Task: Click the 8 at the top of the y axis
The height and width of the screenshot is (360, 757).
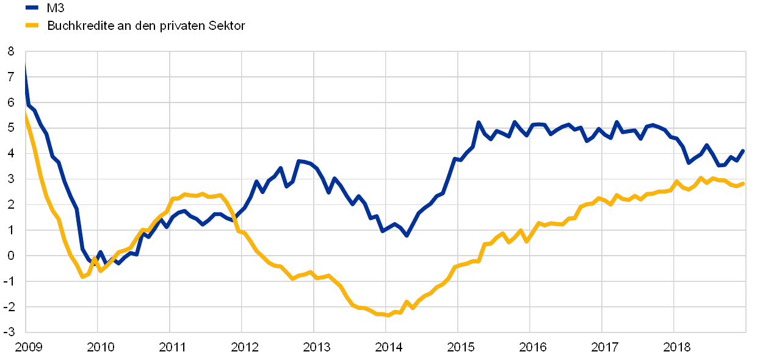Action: (x=11, y=52)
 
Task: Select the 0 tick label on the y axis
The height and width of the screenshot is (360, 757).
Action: (x=11, y=256)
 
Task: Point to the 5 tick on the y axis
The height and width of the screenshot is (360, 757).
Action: (x=11, y=129)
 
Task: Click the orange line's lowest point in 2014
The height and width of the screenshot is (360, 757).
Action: (x=387, y=315)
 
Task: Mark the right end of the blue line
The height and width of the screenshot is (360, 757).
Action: (x=744, y=149)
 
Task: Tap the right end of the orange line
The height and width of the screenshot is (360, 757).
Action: (x=744, y=183)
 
